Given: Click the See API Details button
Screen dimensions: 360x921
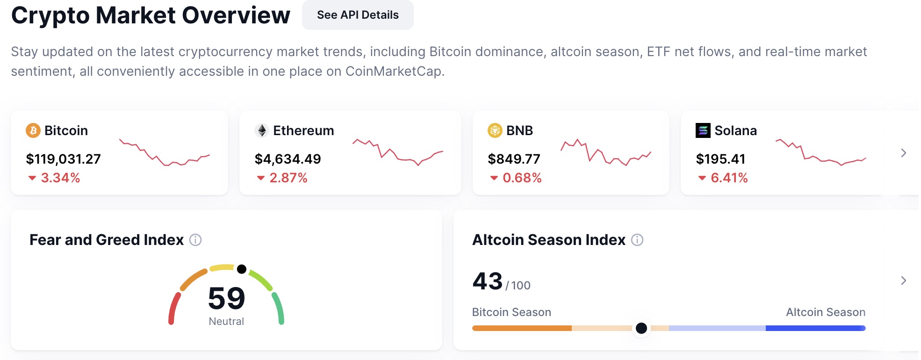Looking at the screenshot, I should tap(358, 15).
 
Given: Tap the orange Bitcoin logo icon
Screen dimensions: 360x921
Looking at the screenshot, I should tap(33, 130).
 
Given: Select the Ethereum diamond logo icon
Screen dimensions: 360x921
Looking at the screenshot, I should tap(262, 130).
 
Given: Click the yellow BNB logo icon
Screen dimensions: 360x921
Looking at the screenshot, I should tap(495, 130).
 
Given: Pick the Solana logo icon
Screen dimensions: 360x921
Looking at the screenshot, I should tap(703, 130).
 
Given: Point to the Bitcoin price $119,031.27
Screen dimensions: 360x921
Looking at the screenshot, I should tap(63, 159).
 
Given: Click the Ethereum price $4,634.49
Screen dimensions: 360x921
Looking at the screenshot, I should tap(288, 159).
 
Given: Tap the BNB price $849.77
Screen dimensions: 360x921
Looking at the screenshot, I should tap(514, 159).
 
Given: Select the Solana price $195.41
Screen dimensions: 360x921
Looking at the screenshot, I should tap(720, 159).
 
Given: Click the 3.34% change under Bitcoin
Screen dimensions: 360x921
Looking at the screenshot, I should tap(60, 178).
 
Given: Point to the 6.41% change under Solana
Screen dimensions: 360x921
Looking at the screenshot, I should tap(729, 178).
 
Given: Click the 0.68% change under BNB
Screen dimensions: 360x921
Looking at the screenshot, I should tap(522, 178).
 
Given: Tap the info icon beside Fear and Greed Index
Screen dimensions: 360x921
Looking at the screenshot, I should tap(195, 240).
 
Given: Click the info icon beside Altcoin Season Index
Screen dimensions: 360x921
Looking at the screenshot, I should tap(637, 240).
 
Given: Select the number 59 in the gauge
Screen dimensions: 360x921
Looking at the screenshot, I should tap(226, 298).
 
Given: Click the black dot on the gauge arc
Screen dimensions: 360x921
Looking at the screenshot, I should tap(242, 269).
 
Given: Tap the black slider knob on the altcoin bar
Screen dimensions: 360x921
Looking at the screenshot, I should tap(641, 328).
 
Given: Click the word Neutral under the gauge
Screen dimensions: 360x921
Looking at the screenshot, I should tap(226, 322).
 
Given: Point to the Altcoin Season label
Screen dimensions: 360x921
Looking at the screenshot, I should tap(826, 312).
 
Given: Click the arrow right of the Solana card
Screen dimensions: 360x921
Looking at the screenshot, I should tap(903, 153).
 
